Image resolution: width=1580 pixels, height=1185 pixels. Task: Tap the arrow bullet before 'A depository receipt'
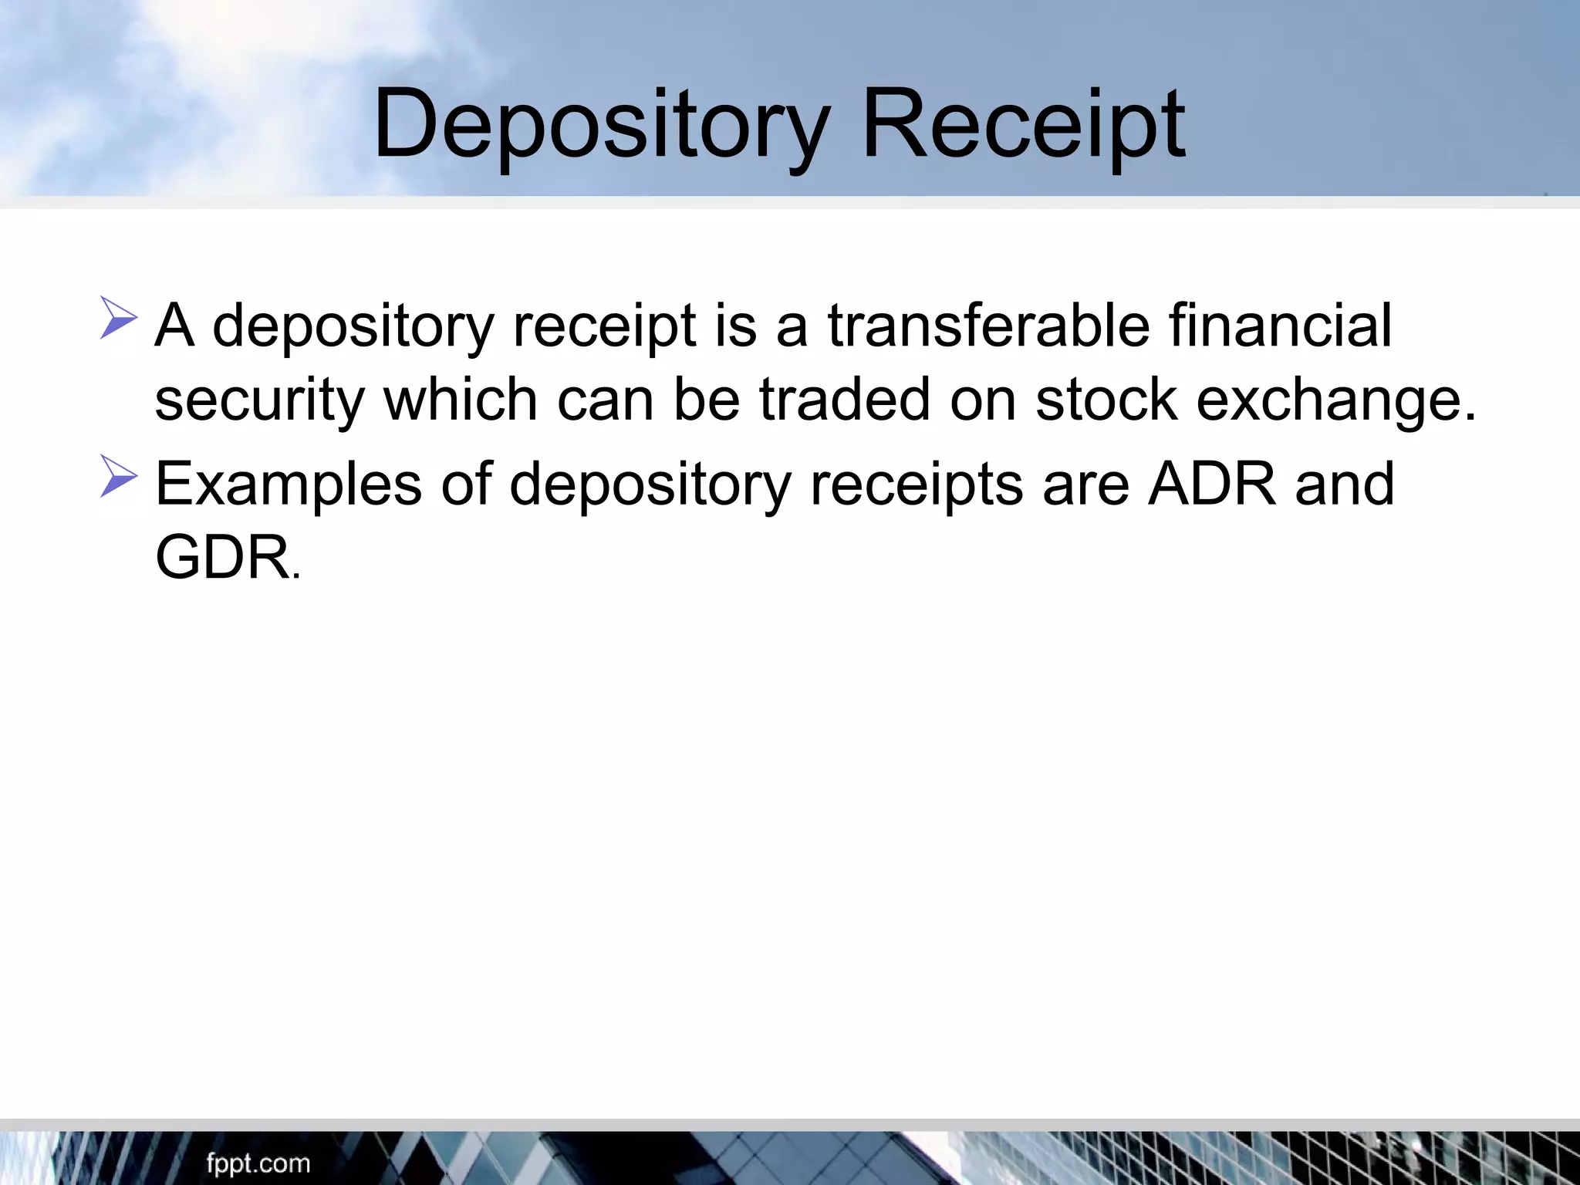click(118, 319)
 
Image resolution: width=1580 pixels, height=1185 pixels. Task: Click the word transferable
click(988, 326)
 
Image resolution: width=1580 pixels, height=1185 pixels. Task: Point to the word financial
click(1280, 326)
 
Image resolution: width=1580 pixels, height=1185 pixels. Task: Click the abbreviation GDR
click(222, 558)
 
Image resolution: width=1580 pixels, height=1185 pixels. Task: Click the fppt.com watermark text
click(258, 1163)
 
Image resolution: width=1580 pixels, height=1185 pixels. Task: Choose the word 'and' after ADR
click(1345, 484)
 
